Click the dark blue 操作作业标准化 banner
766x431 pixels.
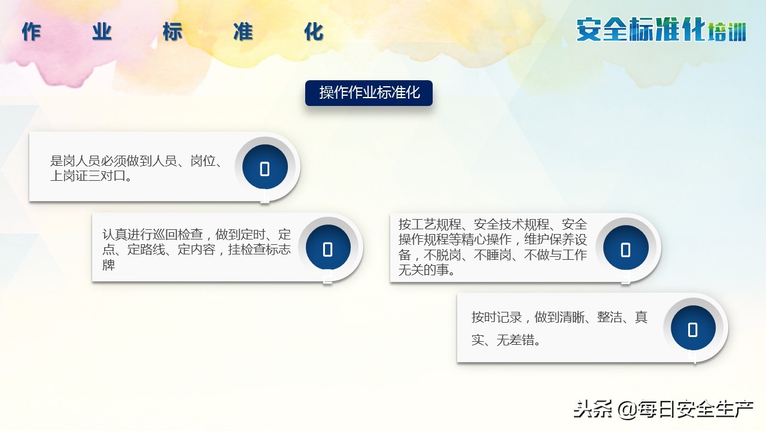(x=369, y=93)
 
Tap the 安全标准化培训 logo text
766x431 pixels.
(x=661, y=30)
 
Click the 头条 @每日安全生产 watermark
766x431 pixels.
(x=663, y=409)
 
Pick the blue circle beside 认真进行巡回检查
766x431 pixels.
(x=328, y=248)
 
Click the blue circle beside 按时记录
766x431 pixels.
(x=693, y=328)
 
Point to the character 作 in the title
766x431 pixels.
(x=31, y=32)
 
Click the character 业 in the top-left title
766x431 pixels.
(x=102, y=32)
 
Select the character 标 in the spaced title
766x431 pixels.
(x=172, y=32)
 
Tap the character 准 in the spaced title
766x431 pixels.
(x=243, y=32)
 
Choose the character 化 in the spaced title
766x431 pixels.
(x=314, y=32)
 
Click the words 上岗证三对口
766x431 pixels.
(x=88, y=177)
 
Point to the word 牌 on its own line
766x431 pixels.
(x=108, y=265)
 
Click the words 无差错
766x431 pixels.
(x=515, y=341)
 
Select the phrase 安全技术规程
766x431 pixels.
(x=511, y=224)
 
